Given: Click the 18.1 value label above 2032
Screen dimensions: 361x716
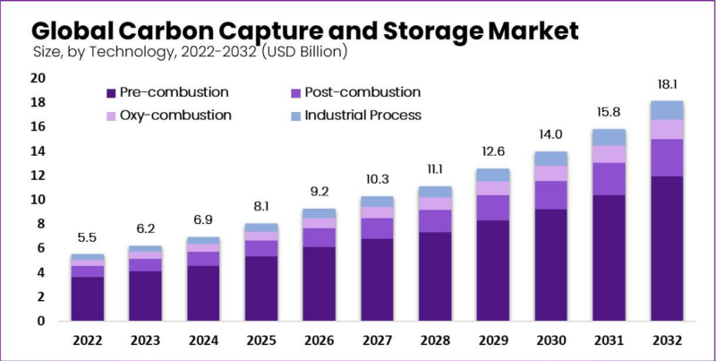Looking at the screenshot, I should tap(668, 85).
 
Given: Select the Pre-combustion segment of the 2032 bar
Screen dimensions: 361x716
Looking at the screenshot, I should tap(668, 248).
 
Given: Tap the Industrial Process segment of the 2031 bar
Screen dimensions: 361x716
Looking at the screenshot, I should tap(609, 137).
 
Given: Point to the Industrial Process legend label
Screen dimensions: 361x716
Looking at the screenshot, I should tap(362, 116).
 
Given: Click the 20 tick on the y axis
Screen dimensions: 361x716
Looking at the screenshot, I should tap(38, 78).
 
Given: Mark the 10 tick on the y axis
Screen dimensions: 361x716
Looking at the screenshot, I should tap(38, 200).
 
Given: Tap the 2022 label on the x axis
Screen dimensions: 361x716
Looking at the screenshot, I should tap(88, 340).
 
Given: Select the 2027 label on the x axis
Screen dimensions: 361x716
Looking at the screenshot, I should tap(377, 340).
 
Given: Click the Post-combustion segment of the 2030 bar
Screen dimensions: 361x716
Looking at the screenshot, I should tap(550, 195).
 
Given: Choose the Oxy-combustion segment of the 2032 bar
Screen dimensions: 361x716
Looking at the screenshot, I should tap(668, 129).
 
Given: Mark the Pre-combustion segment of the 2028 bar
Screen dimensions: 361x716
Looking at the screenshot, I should tap(435, 276).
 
